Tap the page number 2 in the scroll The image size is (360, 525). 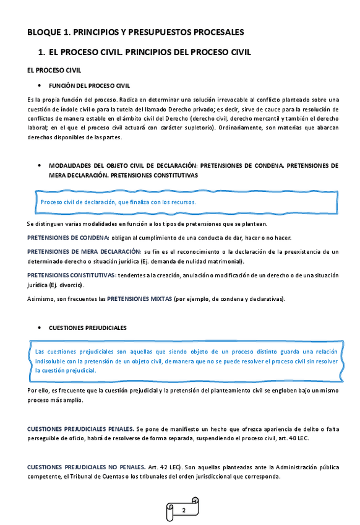(184, 510)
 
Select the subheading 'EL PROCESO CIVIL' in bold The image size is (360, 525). (55, 71)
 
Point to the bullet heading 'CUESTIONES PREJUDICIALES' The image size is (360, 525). (87, 327)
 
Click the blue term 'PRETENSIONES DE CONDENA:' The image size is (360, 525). (68, 238)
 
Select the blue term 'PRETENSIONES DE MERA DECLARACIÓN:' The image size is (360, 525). (84, 251)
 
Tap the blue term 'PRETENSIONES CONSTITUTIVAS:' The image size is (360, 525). (72, 275)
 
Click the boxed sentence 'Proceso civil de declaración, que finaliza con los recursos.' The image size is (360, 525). (118, 202)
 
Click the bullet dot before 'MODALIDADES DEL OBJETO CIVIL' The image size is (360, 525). (40, 166)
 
